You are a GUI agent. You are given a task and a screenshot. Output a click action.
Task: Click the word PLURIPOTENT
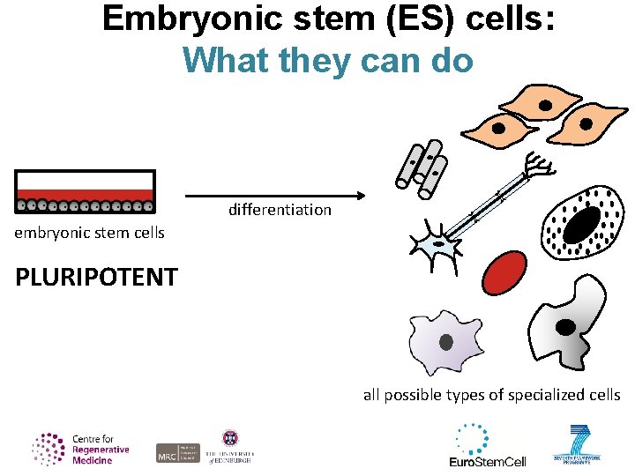coord(96,277)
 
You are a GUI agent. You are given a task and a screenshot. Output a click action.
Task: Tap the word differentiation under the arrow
coord(280,210)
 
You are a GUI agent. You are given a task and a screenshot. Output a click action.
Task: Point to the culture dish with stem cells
coord(86,192)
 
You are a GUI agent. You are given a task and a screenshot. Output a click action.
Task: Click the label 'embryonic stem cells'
coord(89,233)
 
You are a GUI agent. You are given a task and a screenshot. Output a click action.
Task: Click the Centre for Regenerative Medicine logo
coord(81,449)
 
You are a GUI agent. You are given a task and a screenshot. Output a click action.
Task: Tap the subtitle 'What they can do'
coord(328,60)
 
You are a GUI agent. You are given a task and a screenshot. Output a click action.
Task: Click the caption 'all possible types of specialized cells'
coord(491,395)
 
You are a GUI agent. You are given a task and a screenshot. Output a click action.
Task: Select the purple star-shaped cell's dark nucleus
coord(446,341)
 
